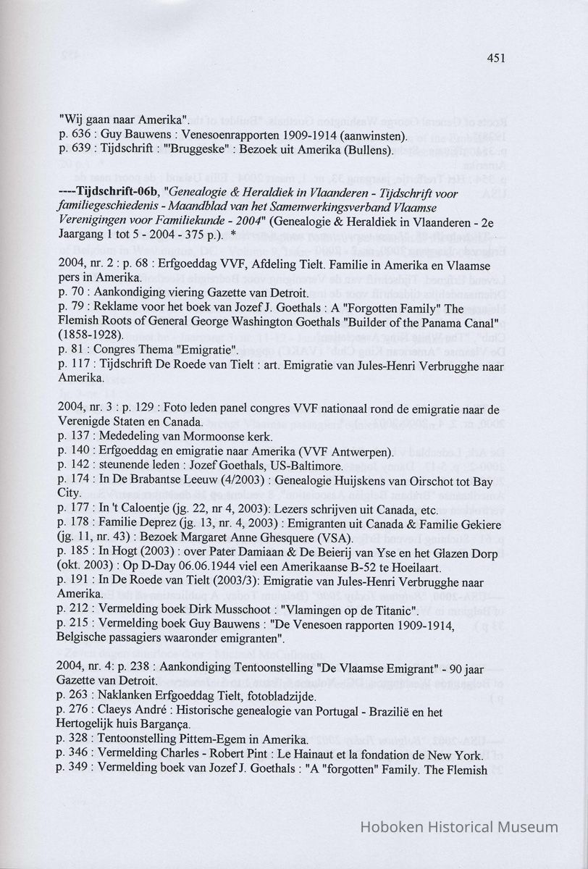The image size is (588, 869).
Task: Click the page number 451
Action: [x=495, y=58]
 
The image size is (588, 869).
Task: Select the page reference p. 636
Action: [x=76, y=135]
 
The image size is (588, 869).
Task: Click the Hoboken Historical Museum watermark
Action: [x=460, y=827]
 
